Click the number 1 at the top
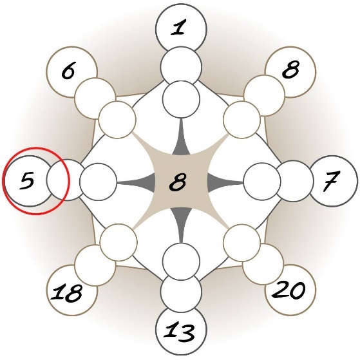[x=178, y=28]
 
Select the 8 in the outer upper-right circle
[x=290, y=69]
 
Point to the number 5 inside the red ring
[x=27, y=180]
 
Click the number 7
[x=330, y=181]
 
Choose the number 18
[x=66, y=292]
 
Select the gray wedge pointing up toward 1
[x=182, y=140]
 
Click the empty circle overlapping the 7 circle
[x=294, y=181]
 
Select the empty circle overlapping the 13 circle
[x=181, y=292]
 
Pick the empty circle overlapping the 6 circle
[x=95, y=99]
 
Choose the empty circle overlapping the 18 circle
[x=95, y=265]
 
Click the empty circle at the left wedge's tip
[x=99, y=182]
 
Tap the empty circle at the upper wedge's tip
[x=181, y=99]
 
